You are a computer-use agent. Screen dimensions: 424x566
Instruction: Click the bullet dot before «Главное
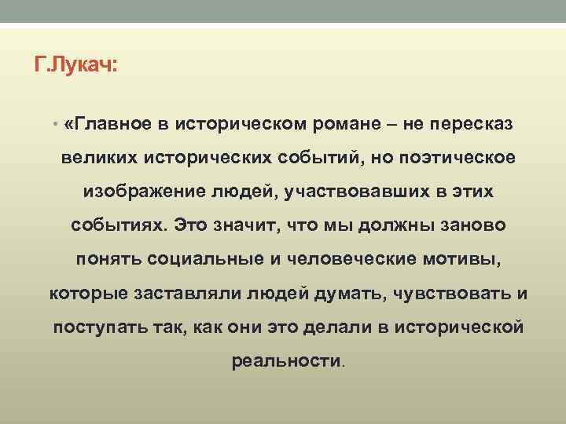(x=55, y=124)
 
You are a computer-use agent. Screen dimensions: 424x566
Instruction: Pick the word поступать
(x=93, y=327)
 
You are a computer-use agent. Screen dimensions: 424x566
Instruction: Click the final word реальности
(x=287, y=361)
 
